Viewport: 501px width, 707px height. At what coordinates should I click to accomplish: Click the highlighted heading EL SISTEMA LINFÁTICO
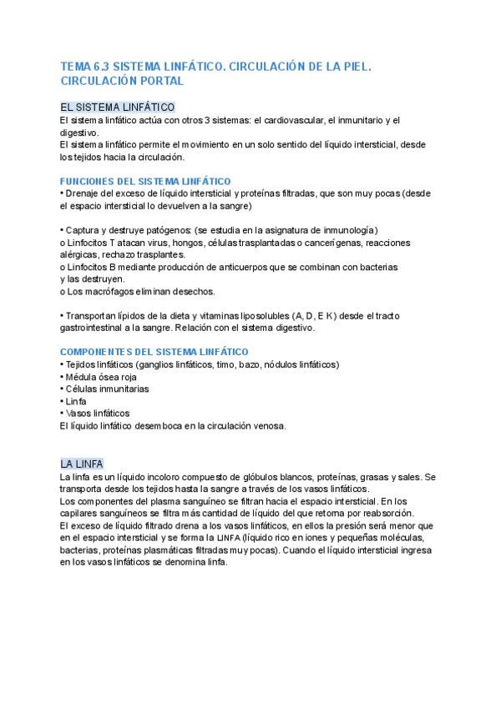[x=118, y=108]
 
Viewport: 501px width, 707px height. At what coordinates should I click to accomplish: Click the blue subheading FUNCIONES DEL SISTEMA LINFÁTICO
[x=146, y=181]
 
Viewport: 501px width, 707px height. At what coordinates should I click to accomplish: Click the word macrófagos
[x=111, y=292]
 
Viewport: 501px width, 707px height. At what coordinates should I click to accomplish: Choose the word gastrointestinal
[x=94, y=328]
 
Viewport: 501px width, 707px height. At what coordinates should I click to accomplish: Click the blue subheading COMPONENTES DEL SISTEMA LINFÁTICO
[x=154, y=352]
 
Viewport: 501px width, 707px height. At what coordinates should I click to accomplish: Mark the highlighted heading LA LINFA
[x=82, y=464]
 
